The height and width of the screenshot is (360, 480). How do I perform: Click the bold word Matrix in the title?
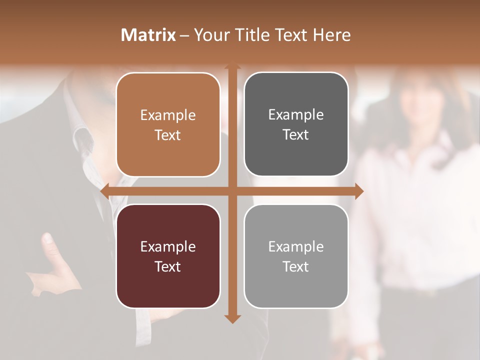148,35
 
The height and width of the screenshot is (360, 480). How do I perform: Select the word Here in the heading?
332,35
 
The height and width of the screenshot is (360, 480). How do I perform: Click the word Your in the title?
210,35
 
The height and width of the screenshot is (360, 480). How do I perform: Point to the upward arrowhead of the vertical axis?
232,66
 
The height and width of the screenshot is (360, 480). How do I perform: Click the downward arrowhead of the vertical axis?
232,318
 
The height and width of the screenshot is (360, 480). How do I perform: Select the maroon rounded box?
168,290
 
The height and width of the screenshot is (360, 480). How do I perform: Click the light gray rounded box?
296,290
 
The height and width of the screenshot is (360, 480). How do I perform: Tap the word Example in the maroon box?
168,246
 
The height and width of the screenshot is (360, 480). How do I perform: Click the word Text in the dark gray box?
296,135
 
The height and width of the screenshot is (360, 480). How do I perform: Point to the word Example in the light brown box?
168,115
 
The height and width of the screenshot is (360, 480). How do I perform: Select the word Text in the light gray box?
296,267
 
